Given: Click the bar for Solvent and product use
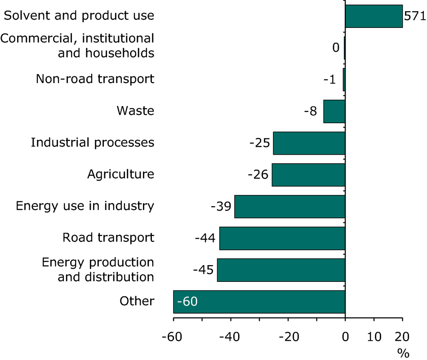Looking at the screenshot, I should (x=374, y=16).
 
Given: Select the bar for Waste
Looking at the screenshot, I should (x=334, y=111).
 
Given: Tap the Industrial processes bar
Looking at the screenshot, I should (x=309, y=143).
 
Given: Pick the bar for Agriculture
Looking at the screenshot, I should (x=308, y=175).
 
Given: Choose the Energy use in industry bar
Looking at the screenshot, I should (x=289, y=207).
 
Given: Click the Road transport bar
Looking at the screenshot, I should (x=282, y=238).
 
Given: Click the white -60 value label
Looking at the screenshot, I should (x=187, y=301).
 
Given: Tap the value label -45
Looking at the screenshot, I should (x=204, y=270).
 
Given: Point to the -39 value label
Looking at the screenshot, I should (x=221, y=207).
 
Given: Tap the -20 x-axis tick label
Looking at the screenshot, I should (x=288, y=337).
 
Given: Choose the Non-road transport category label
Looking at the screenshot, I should (x=95, y=79).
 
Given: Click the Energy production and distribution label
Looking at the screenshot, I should (x=98, y=269).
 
